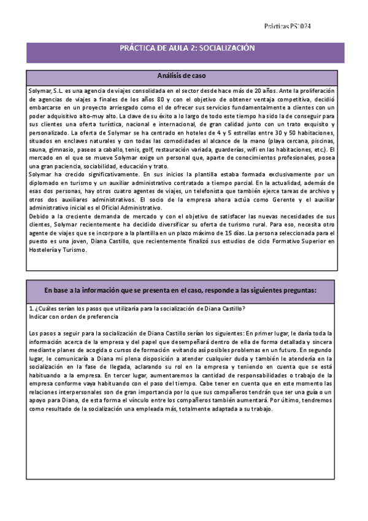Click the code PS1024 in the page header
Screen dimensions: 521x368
coord(302,26)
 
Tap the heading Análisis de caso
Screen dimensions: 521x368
coord(182,76)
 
